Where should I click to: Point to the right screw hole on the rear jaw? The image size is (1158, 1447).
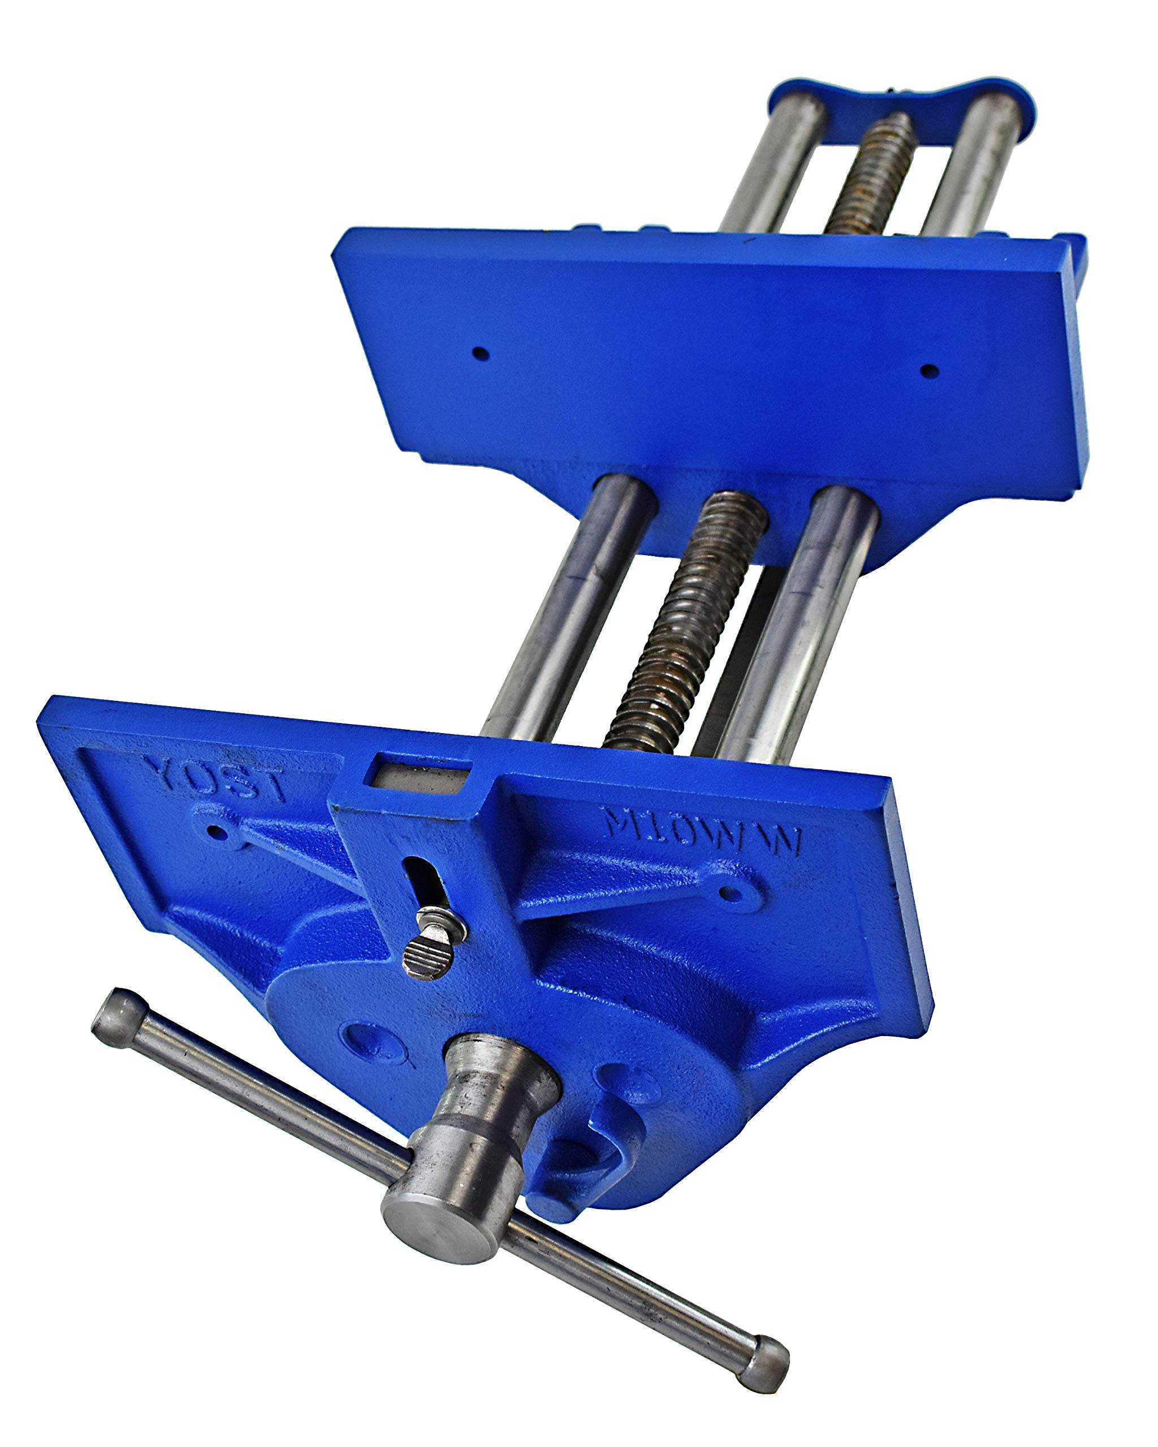click(928, 370)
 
